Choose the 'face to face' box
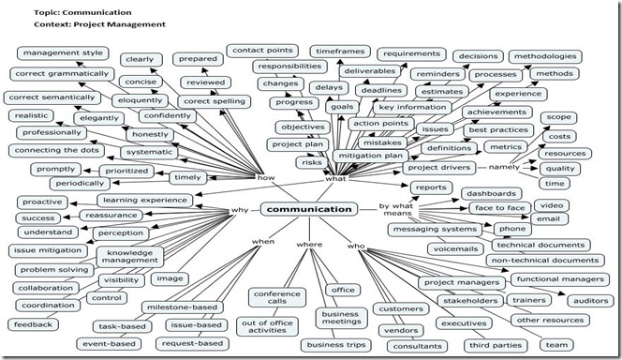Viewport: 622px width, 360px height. (497, 207)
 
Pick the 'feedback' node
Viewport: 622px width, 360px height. (32, 324)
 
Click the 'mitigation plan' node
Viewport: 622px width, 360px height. (370, 156)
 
